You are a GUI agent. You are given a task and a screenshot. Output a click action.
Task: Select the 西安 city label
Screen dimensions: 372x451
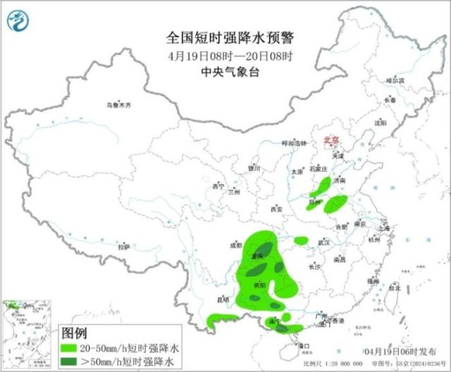click(276, 209)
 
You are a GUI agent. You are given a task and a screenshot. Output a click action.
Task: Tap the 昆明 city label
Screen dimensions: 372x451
click(223, 299)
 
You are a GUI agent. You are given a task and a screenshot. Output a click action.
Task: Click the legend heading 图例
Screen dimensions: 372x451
click(74, 332)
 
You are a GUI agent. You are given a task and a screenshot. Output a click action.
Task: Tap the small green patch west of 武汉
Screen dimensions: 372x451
click(302, 241)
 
